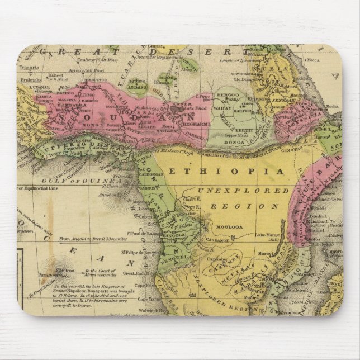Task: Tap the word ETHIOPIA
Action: (232, 170)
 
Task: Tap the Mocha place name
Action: (332, 106)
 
